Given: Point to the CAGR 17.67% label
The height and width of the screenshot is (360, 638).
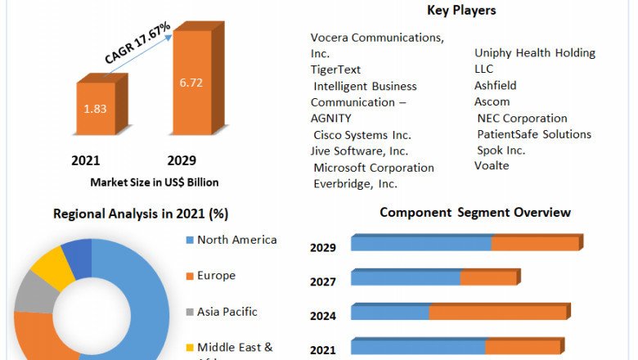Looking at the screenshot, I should pos(137,43).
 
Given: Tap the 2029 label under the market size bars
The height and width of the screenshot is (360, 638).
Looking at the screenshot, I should pos(182,160).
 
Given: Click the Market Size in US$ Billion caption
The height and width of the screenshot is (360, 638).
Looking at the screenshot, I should pos(155,182).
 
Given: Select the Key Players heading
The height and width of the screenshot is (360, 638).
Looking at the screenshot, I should pos(461,11).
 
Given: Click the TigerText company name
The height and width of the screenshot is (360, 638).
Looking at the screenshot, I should pos(335,70).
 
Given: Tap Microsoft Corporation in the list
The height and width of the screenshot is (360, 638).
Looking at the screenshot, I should pos(374,168).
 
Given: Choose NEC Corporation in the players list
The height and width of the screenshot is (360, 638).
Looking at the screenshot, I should pos(522,118).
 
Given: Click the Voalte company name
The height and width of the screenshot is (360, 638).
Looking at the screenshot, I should pos(492,165).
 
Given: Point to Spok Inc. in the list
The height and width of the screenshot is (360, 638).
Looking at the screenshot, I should pos(501,150).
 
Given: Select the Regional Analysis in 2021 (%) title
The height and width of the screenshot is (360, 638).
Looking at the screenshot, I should pos(141,214).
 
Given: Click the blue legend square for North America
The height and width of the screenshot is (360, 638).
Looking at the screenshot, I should pos(191,241).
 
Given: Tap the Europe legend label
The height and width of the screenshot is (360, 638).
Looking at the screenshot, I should pos(216,276).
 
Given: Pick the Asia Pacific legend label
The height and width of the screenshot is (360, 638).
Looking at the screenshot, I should pos(227,311).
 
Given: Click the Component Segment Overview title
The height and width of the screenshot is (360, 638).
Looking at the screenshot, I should pos(475,213).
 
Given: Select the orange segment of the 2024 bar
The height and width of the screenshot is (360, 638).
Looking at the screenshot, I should pos(497,313).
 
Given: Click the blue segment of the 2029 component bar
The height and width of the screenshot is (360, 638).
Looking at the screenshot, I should pos(420,244).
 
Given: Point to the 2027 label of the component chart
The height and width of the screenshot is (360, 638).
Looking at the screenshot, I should pos(323,281).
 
